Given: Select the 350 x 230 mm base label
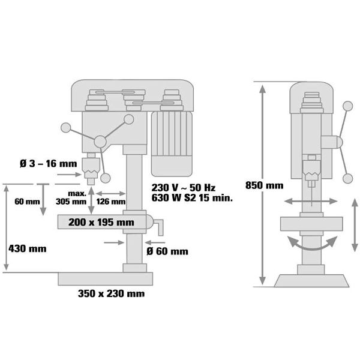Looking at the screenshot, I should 111,294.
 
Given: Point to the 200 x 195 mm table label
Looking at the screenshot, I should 101,223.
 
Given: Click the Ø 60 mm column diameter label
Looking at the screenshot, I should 167,251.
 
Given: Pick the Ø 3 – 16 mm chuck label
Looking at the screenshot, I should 48,163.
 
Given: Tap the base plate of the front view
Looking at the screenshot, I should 106,278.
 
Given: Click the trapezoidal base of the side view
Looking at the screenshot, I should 310,280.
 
